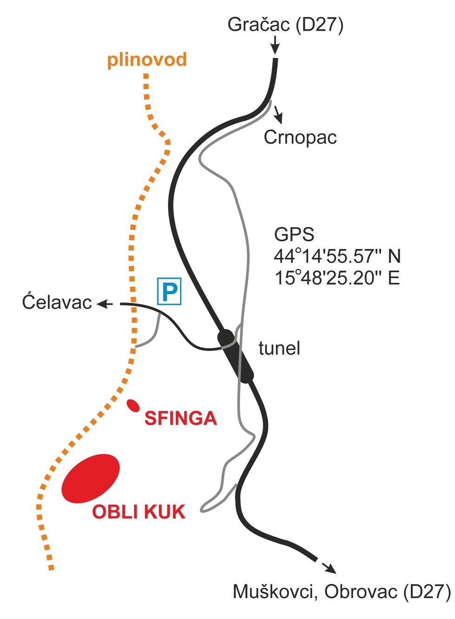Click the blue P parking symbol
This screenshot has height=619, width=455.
tap(169, 291)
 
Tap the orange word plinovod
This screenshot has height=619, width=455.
tap(147, 60)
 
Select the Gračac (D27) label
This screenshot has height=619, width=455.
tap(285, 25)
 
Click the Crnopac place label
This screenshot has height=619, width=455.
tap(300, 137)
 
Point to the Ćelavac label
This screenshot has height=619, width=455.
tap(57, 303)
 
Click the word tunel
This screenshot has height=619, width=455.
tap(279, 348)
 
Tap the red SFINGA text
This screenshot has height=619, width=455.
tap(181, 418)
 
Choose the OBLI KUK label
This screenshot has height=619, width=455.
tap(139, 512)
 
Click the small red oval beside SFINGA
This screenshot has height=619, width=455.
tap(133, 405)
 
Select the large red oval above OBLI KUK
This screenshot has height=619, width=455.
tap(91, 478)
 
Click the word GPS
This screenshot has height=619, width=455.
tap(294, 235)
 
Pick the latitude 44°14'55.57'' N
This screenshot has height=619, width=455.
tap(337, 256)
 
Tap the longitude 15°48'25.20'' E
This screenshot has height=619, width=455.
tap(337, 278)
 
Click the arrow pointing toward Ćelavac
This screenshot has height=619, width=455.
tap(105, 304)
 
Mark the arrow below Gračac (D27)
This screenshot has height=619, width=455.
tap(275, 46)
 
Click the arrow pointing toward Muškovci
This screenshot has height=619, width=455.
tap(328, 567)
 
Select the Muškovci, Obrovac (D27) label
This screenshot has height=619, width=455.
tap(341, 592)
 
